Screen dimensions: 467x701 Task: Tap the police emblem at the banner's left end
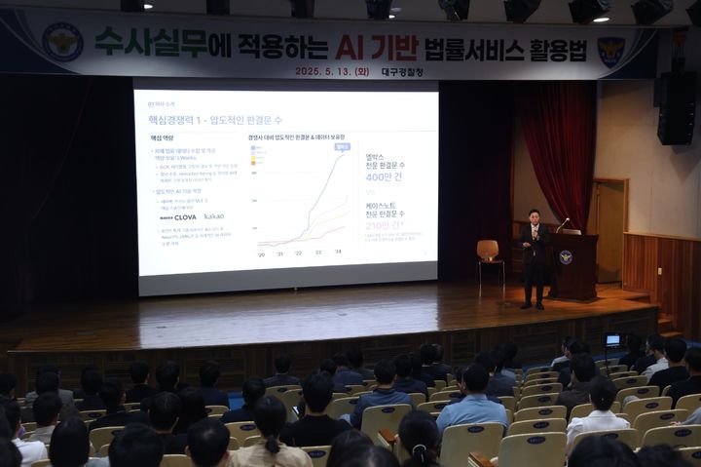[62, 42]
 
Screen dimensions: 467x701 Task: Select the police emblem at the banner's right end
[610, 51]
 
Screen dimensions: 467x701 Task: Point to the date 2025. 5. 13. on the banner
[331, 71]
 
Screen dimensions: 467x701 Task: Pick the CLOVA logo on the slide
[179, 216]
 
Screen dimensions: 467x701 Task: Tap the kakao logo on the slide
[213, 216]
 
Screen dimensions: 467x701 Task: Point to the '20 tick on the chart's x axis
[261, 253]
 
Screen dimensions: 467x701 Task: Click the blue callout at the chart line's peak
[342, 147]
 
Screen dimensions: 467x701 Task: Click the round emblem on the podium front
[566, 257]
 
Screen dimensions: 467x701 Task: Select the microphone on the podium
[562, 224]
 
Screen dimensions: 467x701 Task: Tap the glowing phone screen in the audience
[612, 340]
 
